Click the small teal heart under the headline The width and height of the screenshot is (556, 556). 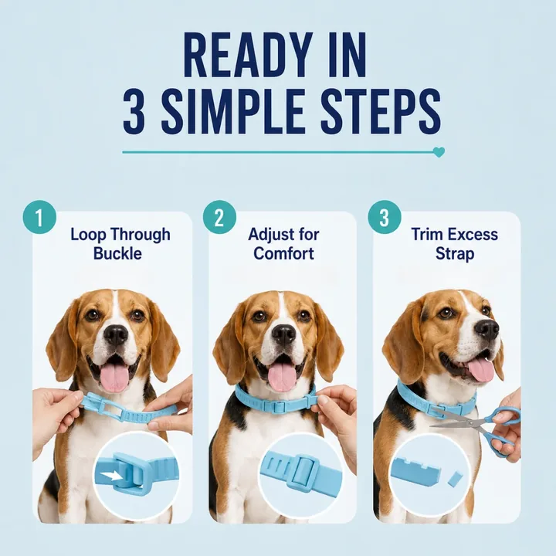pyautogui.click(x=439, y=152)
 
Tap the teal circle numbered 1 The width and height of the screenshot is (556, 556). pyautogui.click(x=39, y=217)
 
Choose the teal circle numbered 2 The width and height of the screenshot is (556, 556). pyautogui.click(x=219, y=217)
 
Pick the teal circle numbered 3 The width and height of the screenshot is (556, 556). pyautogui.click(x=385, y=217)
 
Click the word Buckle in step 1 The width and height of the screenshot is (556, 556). pyautogui.click(x=117, y=253)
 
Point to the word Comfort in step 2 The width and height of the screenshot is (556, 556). pyautogui.click(x=283, y=253)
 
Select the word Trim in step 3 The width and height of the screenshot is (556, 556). pyautogui.click(x=425, y=235)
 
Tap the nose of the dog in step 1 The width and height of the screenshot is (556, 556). pyautogui.click(x=116, y=334)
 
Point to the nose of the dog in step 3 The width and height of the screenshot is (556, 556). pyautogui.click(x=486, y=330)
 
